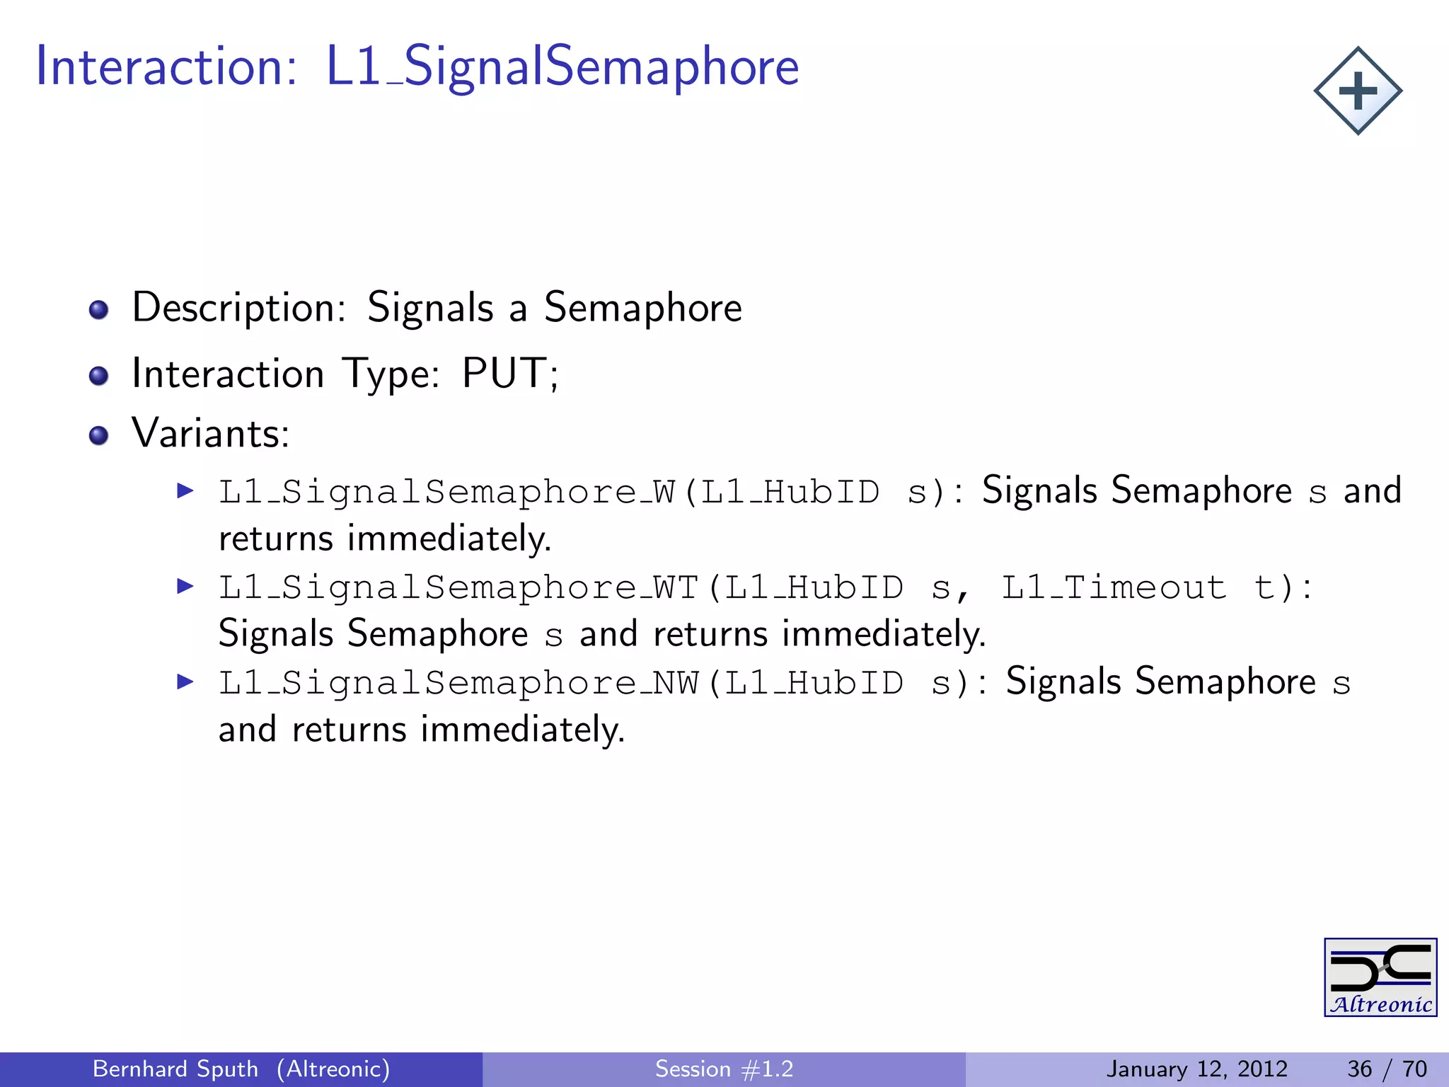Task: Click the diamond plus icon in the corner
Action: pyautogui.click(x=1358, y=91)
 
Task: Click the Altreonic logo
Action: pyautogui.click(x=1380, y=977)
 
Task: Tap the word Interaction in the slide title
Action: pyautogui.click(x=166, y=67)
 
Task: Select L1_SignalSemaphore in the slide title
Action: pyautogui.click(x=562, y=67)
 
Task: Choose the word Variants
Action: pyautogui.click(x=210, y=433)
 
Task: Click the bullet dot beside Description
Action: pyautogui.click(x=99, y=310)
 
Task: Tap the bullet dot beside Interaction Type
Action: pyautogui.click(x=99, y=376)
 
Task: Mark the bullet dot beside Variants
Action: pyautogui.click(x=99, y=435)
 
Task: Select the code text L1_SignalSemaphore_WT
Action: pyautogui.click(x=458, y=587)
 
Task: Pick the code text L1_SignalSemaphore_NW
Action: pyautogui.click(x=458, y=683)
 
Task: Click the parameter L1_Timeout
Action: pyautogui.click(x=1114, y=587)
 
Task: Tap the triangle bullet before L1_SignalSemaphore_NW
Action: pyautogui.click(x=185, y=682)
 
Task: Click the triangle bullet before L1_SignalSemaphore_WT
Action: pyautogui.click(x=185, y=586)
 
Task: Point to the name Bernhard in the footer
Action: pyautogui.click(x=137, y=1069)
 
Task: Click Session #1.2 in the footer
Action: pyautogui.click(x=724, y=1069)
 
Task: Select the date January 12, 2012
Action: pyautogui.click(x=1197, y=1069)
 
